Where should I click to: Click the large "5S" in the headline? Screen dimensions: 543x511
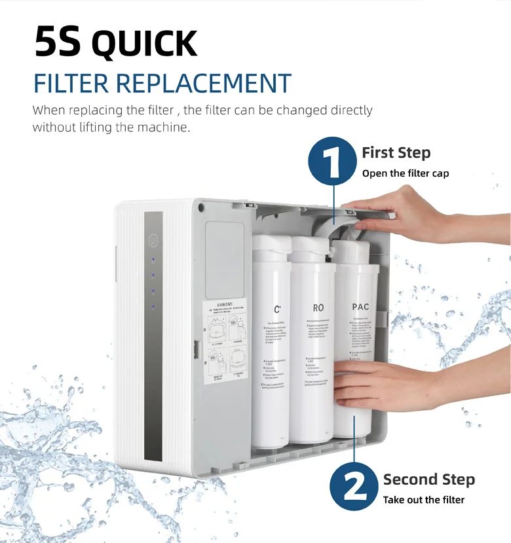coord(58,43)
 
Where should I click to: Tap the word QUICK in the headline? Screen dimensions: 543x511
coord(144,44)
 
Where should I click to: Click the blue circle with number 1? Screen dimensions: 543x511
coord(333,158)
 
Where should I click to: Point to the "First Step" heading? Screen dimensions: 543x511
coord(396,153)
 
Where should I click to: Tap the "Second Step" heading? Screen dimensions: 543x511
coord(428,480)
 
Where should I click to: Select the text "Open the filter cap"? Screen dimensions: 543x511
coord(406,173)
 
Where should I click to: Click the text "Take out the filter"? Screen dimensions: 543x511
coord(423,500)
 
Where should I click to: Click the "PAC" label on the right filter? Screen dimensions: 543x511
coord(360,307)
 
